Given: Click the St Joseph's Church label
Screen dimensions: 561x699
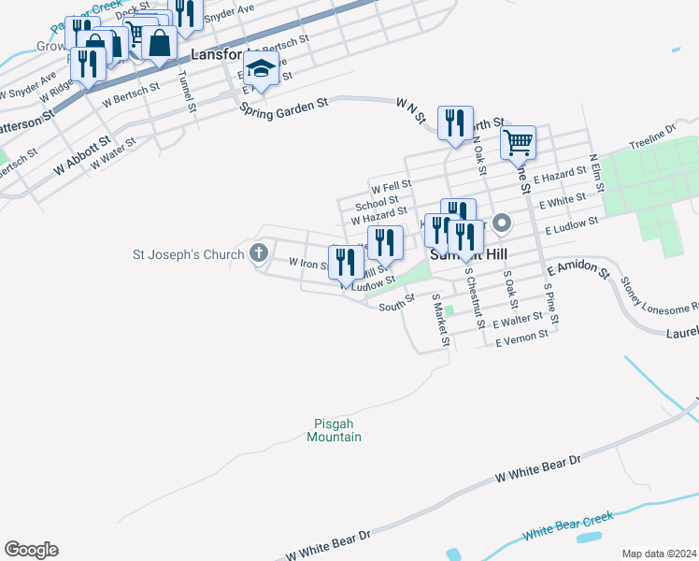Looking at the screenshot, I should tap(187, 253).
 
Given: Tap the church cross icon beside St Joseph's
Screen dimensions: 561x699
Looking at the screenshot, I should tap(260, 252).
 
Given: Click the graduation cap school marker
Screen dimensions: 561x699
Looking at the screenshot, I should tap(261, 69).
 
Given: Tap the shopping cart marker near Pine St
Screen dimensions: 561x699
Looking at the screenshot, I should tap(517, 143).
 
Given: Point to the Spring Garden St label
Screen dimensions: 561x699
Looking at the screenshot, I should tap(285, 106).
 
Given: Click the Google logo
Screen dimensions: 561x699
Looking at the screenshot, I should tap(31, 550).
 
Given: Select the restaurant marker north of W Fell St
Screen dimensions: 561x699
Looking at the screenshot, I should tap(455, 121).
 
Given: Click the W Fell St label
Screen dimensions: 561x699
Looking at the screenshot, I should tap(391, 185).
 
